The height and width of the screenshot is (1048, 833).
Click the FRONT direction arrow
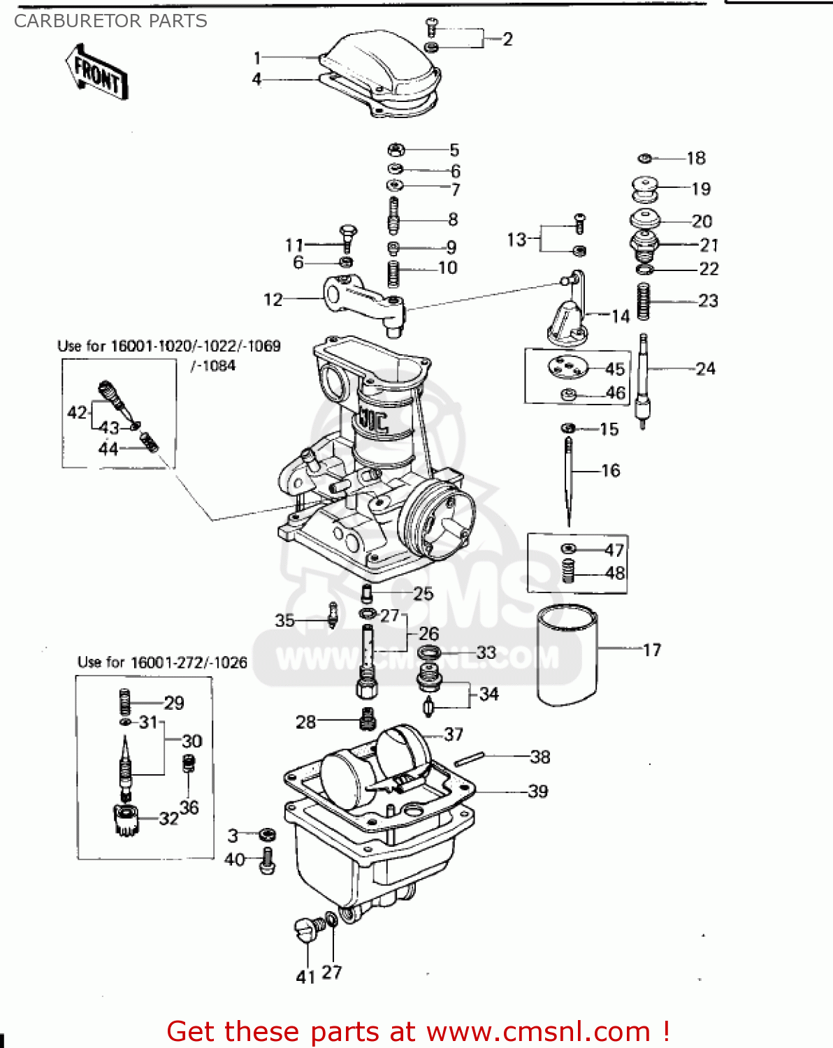(x=97, y=72)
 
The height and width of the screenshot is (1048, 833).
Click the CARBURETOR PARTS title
(x=110, y=21)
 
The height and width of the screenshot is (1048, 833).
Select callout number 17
(x=652, y=650)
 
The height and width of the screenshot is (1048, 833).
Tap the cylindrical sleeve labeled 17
(x=567, y=655)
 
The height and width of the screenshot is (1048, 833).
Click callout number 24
(x=705, y=368)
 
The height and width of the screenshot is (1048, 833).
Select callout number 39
(x=537, y=792)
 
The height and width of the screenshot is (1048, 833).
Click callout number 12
(x=273, y=300)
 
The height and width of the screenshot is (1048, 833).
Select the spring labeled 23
(x=644, y=301)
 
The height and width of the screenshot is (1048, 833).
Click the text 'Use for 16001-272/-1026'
(x=162, y=662)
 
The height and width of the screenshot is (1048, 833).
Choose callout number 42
(x=77, y=412)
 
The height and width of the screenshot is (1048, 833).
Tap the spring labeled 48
(x=569, y=571)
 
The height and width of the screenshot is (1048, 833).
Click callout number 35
(x=284, y=620)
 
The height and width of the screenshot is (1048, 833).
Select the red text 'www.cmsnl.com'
(x=538, y=1031)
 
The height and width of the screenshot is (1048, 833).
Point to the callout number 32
(x=168, y=818)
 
